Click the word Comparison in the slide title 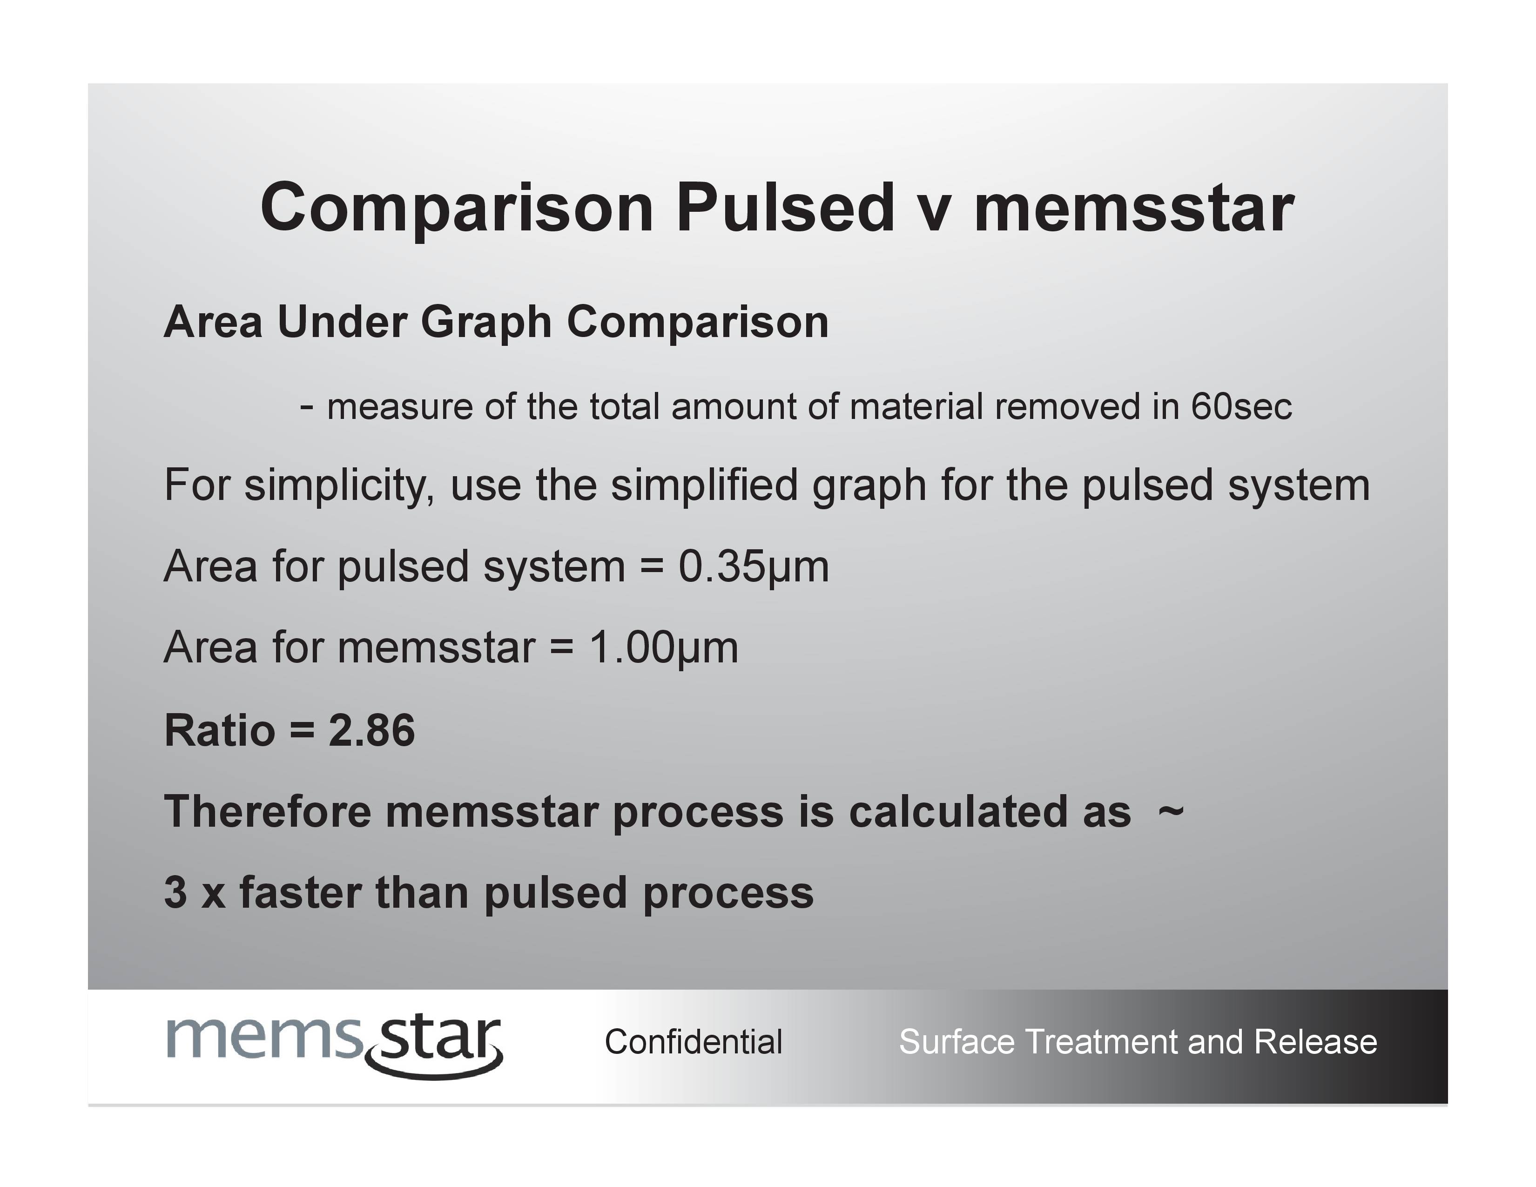pyautogui.click(x=457, y=208)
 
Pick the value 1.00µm pyautogui.click(x=664, y=647)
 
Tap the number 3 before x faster pyautogui.click(x=175, y=892)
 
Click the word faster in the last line pyautogui.click(x=300, y=892)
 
